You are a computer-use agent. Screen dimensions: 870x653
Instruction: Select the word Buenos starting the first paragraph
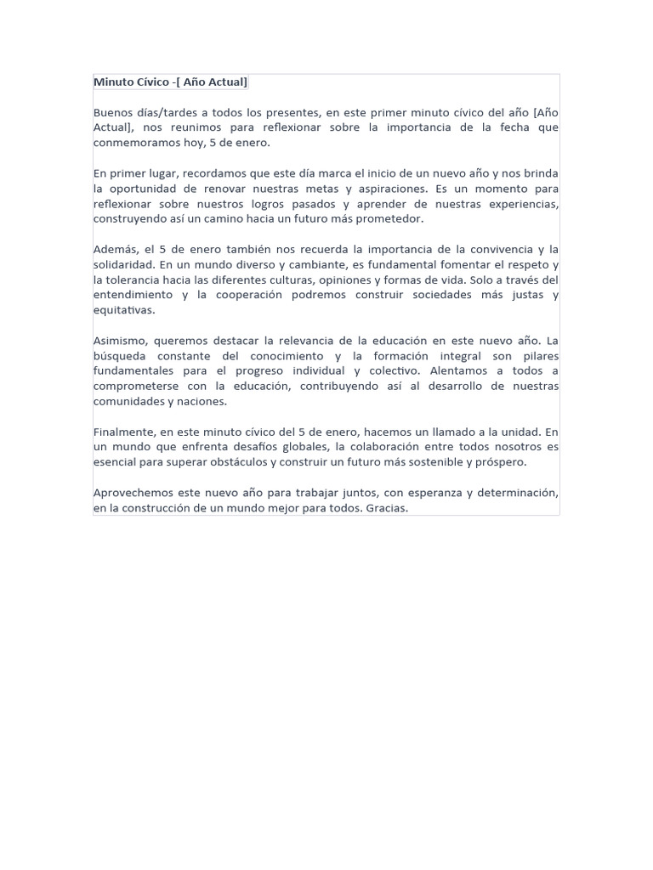coord(114,112)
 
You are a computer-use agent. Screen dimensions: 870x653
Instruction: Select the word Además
coord(113,249)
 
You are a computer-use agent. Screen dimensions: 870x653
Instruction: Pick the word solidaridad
coord(122,264)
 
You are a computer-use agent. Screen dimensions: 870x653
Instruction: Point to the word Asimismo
coord(119,341)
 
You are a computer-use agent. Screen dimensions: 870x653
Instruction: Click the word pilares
coord(537,356)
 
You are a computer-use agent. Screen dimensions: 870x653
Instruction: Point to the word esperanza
coord(400,493)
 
